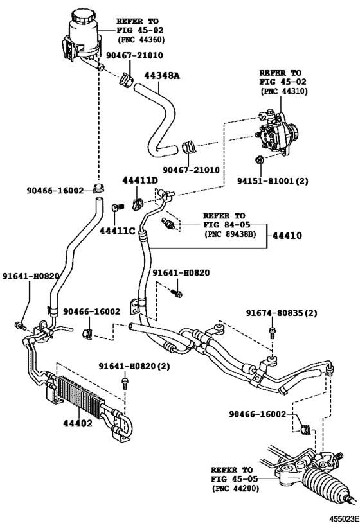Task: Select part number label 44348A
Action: pyautogui.click(x=162, y=76)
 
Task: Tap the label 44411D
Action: pyautogui.click(x=139, y=181)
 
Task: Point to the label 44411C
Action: pyautogui.click(x=117, y=231)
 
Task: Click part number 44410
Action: pyautogui.click(x=287, y=236)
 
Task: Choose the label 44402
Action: pyautogui.click(x=78, y=424)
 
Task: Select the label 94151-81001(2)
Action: pyautogui.click(x=273, y=181)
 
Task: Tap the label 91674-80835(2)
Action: pyautogui.click(x=282, y=313)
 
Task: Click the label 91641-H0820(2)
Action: pyautogui.click(x=134, y=366)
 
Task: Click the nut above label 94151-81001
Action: pyautogui.click(x=259, y=160)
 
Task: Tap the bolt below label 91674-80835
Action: pyautogui.click(x=272, y=333)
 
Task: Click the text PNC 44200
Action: pyautogui.click(x=235, y=489)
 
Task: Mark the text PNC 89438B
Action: pyautogui.click(x=230, y=234)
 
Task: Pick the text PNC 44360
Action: pyautogui.click(x=141, y=40)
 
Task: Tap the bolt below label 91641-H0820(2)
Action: pyautogui.click(x=125, y=383)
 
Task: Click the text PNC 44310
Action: pyautogui.click(x=283, y=91)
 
